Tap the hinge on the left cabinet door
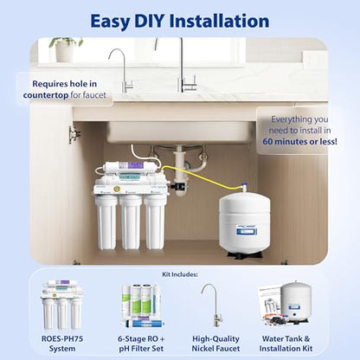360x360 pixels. (x=75, y=134)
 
